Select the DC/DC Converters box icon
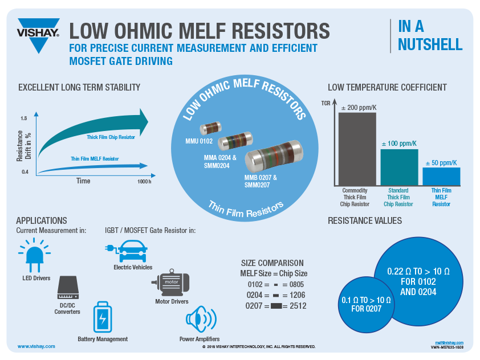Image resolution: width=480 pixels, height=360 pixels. (67, 288)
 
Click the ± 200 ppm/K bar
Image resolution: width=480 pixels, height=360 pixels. (357, 149)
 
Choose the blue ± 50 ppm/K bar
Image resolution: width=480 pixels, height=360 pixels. (441, 177)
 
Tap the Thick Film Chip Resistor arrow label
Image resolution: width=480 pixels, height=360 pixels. (111, 137)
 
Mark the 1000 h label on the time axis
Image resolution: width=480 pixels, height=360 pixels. (144, 181)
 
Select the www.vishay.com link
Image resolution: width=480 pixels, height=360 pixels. (36, 346)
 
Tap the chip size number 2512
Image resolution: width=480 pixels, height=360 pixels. (297, 306)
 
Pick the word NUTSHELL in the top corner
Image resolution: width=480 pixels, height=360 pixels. (430, 44)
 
